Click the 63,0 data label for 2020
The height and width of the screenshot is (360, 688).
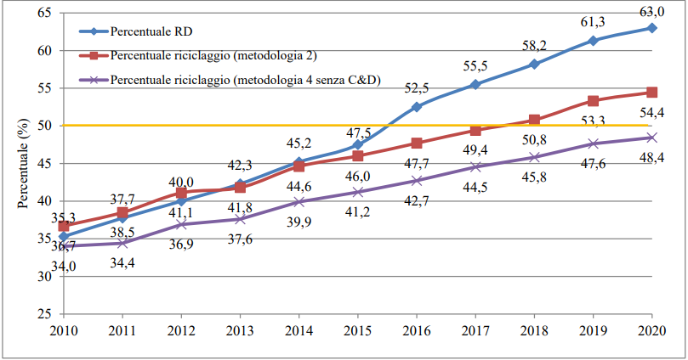(651, 10)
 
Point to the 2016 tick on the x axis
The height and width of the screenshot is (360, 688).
(416, 329)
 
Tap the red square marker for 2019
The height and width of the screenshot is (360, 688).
(593, 101)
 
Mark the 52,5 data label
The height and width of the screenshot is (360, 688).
(416, 87)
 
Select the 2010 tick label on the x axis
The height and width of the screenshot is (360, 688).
(64, 329)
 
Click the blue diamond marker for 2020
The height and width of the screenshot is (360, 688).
(651, 28)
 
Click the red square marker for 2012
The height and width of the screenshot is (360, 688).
(181, 194)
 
